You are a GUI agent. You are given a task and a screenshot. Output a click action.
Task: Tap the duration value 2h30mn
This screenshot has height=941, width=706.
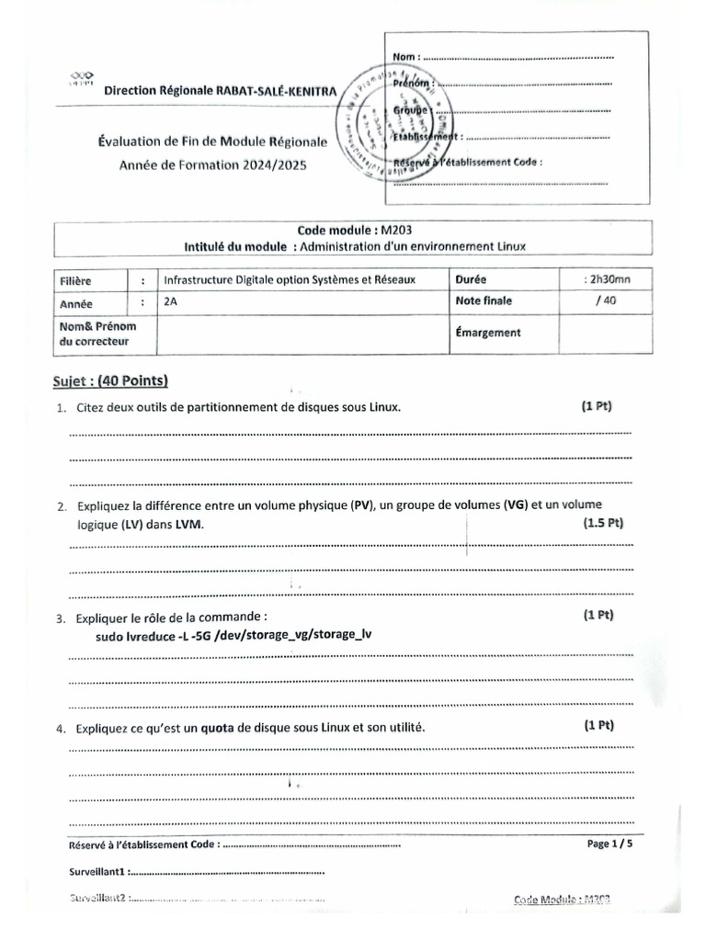pos(607,279)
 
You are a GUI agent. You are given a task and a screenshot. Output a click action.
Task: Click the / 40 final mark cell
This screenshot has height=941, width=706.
pos(605,300)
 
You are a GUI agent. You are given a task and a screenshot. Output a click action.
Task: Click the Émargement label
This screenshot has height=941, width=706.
pos(486,333)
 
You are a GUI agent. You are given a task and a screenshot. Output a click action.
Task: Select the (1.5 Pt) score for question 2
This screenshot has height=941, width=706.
pos(602,523)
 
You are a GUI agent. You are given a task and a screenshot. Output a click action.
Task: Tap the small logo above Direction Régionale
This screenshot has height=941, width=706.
pos(82,77)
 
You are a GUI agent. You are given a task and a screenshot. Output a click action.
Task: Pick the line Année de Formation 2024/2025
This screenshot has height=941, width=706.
pos(212,165)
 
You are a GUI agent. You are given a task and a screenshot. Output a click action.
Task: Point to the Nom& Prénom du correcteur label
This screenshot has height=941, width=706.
pos(102,334)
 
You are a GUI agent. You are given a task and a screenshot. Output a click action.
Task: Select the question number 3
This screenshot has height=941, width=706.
pos(60,618)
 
